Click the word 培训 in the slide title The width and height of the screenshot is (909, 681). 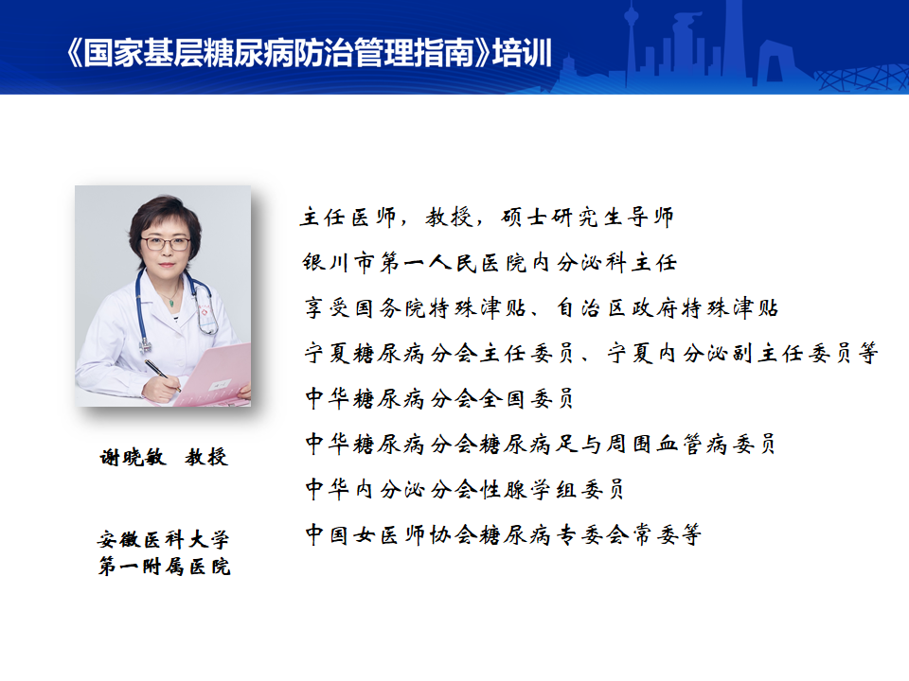[522, 53]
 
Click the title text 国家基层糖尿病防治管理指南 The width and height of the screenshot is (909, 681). [278, 53]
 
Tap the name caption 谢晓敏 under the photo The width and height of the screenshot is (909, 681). [133, 458]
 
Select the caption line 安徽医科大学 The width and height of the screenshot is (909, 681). [163, 540]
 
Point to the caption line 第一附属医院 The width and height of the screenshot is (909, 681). [164, 567]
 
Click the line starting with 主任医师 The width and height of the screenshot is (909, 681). [487, 218]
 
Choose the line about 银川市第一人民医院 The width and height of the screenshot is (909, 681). [490, 262]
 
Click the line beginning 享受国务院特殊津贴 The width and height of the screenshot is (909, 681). [542, 307]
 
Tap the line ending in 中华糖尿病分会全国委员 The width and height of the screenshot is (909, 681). [439, 398]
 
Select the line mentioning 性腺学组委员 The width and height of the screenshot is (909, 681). [464, 489]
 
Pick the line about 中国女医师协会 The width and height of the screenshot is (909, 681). [503, 534]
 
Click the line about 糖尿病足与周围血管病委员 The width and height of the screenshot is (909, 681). [541, 445]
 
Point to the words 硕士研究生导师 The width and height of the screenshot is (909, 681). [588, 218]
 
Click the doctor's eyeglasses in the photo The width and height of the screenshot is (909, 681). [166, 244]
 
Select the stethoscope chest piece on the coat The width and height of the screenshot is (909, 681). [144, 346]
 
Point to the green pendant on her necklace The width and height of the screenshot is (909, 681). [171, 303]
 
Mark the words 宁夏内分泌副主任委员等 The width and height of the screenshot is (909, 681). [742, 353]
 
